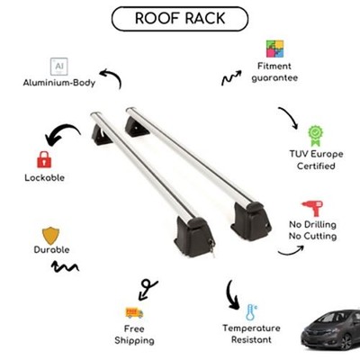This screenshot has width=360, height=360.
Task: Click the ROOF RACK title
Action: coord(180,18)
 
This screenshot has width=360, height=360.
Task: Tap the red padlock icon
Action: coord(44,159)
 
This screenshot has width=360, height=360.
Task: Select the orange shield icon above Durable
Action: coord(50,236)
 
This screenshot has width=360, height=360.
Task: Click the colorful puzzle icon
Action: coord(274,49)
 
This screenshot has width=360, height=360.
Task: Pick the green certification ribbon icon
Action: coord(316,136)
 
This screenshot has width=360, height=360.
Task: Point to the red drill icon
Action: coord(312,208)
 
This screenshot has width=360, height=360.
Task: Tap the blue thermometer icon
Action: coord(251,312)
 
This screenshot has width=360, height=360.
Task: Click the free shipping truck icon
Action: coord(134,312)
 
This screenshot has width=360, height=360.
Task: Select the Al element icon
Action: coord(59,67)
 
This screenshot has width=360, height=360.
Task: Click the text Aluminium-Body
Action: coord(59,83)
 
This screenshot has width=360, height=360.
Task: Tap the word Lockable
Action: coord(44,177)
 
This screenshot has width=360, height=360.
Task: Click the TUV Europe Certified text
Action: coord(316,160)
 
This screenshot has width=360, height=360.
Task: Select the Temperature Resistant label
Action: coord(251,334)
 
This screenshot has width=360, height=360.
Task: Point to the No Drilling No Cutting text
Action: coord(312,230)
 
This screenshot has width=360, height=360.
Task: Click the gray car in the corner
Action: coord(331,329)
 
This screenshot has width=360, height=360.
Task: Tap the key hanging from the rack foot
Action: coord(212,247)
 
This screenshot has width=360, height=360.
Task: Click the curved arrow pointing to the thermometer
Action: coord(231,295)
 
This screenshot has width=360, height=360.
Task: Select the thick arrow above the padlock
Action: coord(61,133)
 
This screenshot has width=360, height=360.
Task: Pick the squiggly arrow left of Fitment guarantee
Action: coord(231,78)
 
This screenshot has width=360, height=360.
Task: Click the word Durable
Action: coord(51,249)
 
